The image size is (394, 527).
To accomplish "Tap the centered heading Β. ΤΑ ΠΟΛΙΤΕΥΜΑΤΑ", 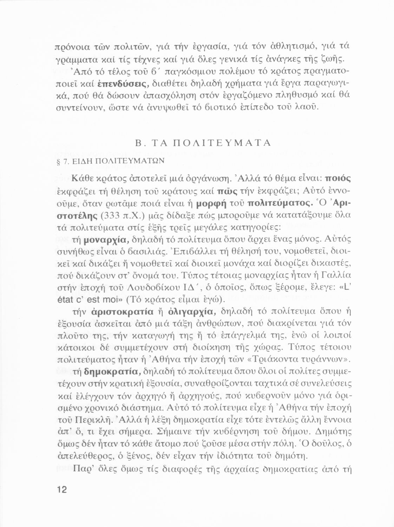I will [203, 143].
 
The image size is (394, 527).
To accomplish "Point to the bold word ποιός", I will [339, 177].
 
